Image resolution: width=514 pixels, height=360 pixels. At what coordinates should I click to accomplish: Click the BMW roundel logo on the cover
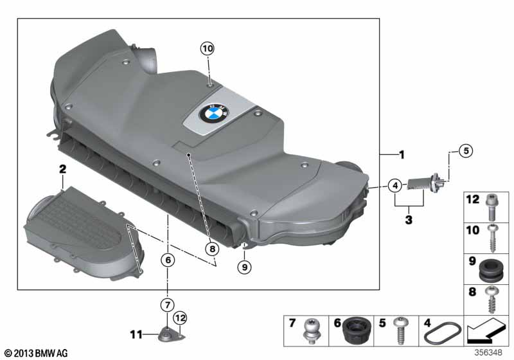pyautogui.click(x=209, y=116)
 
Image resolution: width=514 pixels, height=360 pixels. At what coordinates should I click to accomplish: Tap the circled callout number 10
pyautogui.click(x=206, y=48)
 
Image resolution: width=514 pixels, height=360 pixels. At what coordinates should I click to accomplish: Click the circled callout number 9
pyautogui.click(x=244, y=265)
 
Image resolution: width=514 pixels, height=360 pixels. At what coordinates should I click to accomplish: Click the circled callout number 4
pyautogui.click(x=395, y=186)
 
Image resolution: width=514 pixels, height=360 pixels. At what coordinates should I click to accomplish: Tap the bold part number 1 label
pyautogui.click(x=402, y=155)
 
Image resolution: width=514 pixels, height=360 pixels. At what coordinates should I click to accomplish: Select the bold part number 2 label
pyautogui.click(x=63, y=170)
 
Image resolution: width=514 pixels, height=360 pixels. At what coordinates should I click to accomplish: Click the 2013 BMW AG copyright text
pyautogui.click(x=35, y=353)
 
